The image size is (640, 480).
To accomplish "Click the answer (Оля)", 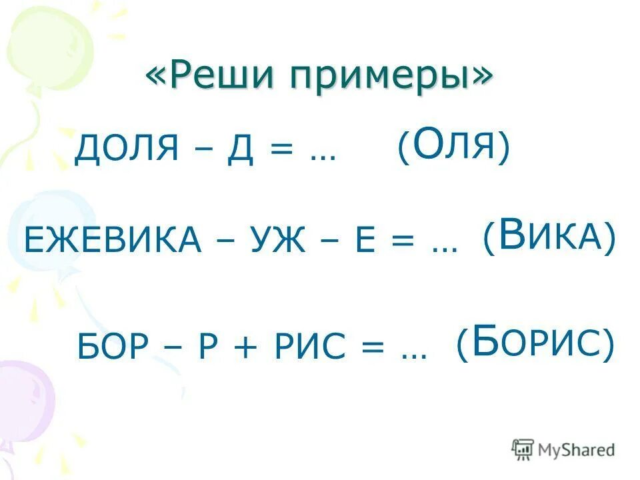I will (x=453, y=146).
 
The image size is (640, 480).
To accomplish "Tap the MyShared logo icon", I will (x=523, y=449).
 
